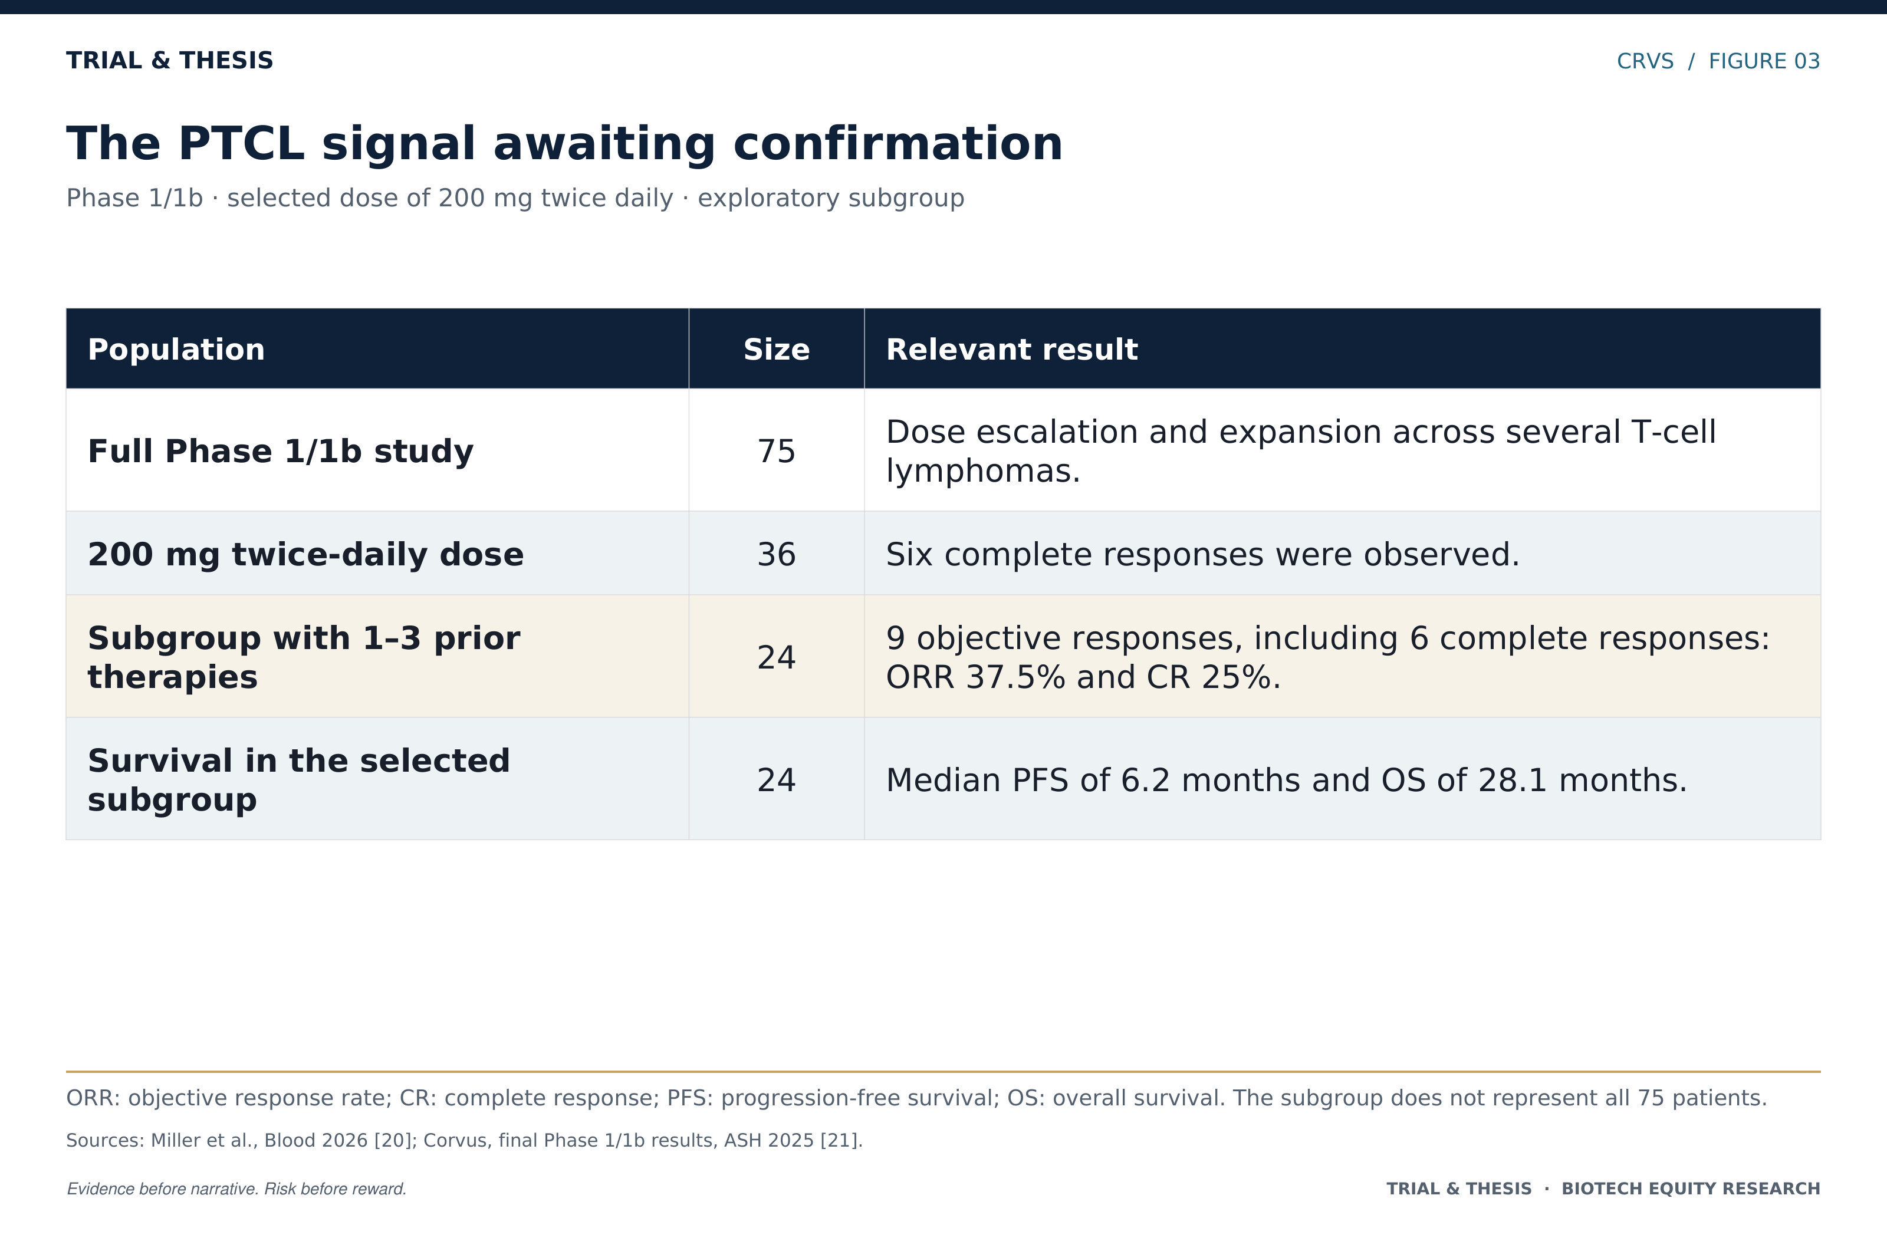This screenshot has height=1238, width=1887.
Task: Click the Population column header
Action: (176, 350)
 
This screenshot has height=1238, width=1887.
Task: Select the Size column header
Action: (776, 350)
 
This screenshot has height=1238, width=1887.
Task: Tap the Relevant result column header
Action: (1012, 350)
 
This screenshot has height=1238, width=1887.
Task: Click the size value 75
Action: (776, 451)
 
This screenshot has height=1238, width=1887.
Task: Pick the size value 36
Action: (776, 554)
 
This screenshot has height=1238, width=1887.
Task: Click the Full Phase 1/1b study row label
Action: (281, 451)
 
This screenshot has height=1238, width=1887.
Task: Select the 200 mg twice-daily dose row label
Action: (305, 554)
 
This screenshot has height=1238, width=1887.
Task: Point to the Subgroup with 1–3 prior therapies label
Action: (304, 657)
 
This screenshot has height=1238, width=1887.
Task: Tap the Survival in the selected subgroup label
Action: (299, 780)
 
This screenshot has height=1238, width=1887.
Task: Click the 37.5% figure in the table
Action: (1015, 677)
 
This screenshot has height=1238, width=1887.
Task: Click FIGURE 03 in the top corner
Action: (1764, 61)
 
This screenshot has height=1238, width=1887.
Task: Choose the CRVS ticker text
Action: (1645, 61)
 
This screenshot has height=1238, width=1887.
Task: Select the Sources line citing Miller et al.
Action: (465, 1141)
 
